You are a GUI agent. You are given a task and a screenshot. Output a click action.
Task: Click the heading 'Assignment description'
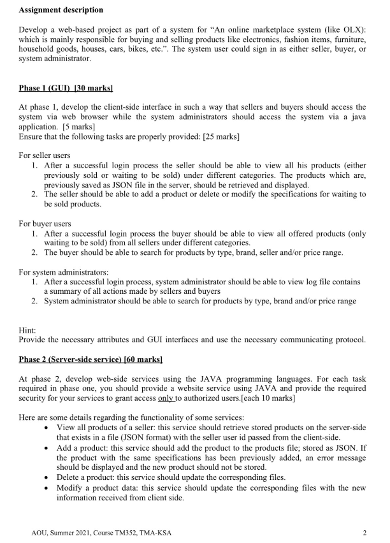click(x=61, y=10)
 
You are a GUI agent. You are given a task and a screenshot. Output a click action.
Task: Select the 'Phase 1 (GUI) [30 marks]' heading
click(x=66, y=86)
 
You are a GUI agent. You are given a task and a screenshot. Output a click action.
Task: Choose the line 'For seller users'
click(x=45, y=155)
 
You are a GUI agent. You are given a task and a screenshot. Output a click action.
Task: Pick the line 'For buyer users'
click(x=44, y=224)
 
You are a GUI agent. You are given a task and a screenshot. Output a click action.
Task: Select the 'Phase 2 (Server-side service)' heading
click(x=91, y=359)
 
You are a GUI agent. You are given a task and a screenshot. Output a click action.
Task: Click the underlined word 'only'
click(x=166, y=398)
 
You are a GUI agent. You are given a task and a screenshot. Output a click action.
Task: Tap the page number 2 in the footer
click(x=364, y=533)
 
